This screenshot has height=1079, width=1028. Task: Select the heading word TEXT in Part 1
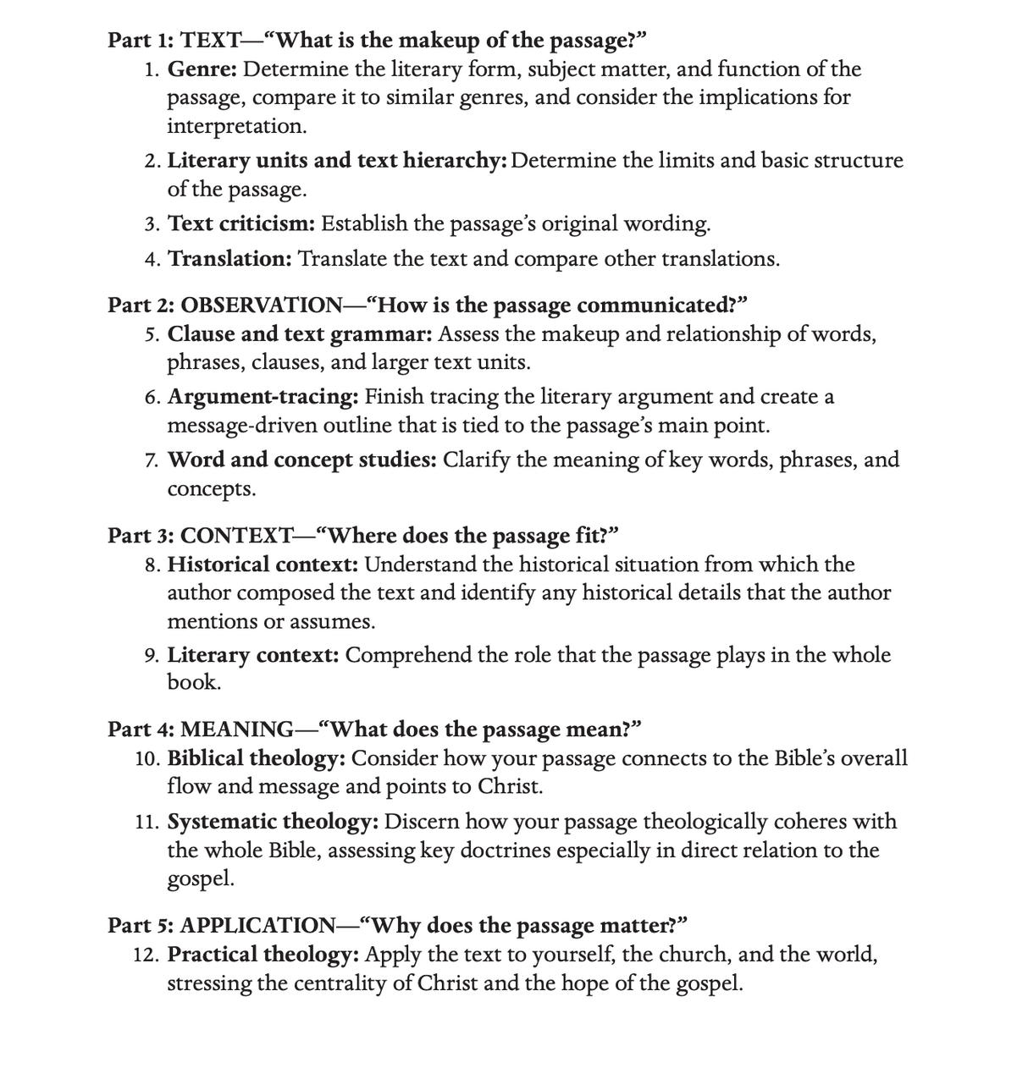click(x=211, y=40)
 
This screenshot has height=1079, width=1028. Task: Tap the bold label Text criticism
click(x=241, y=223)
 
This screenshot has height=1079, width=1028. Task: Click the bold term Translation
click(x=230, y=258)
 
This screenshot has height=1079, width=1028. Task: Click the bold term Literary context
click(x=253, y=655)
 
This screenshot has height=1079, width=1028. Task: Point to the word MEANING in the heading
click(x=237, y=729)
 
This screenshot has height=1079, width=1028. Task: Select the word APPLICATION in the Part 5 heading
click(x=258, y=925)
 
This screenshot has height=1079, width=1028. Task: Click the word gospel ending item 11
click(x=200, y=879)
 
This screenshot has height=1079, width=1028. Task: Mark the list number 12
click(x=146, y=955)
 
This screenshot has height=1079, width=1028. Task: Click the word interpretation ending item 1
click(x=235, y=127)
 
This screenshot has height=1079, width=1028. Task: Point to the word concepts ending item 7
click(x=210, y=489)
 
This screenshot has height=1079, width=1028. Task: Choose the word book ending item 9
click(x=192, y=683)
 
